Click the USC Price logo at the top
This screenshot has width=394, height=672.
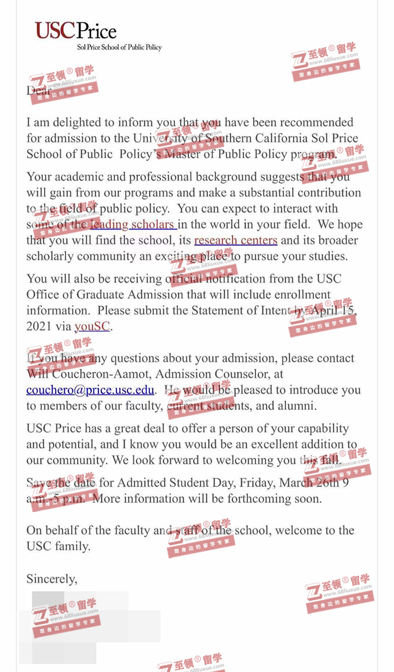[x=75, y=30]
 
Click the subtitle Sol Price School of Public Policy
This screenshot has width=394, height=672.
[x=119, y=48]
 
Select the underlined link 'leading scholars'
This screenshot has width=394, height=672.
[x=133, y=224]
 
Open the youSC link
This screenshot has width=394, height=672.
[x=92, y=326]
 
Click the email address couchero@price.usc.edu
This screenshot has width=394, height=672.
[x=90, y=390]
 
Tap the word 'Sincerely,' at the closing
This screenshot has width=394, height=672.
[x=52, y=579]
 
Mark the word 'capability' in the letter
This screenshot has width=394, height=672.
[x=322, y=428]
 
